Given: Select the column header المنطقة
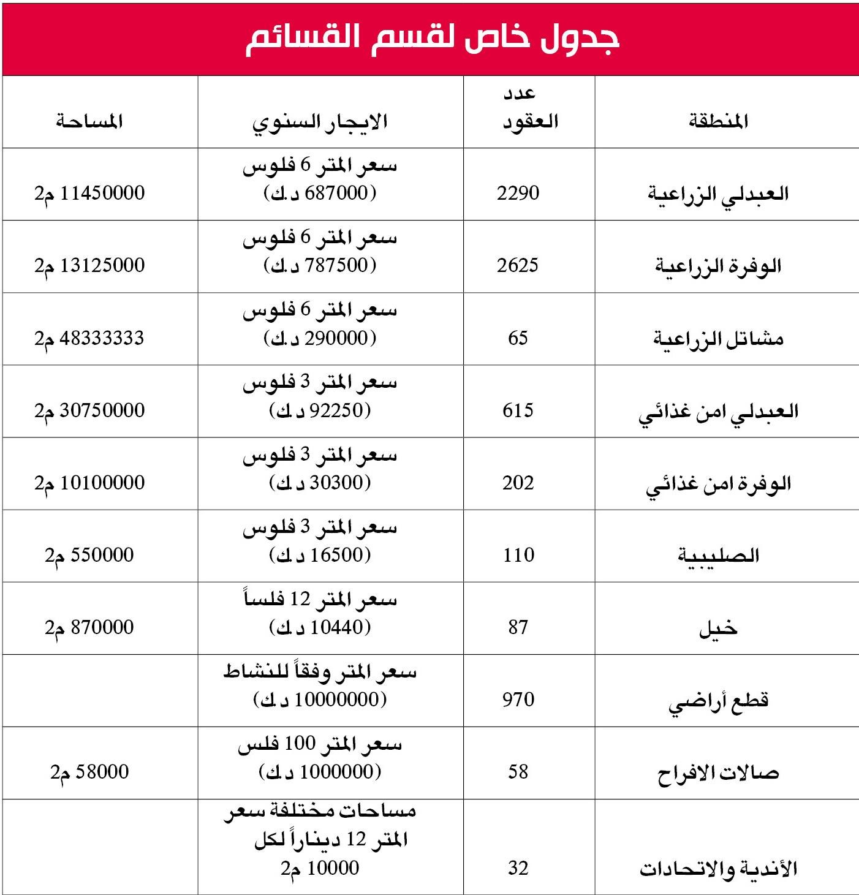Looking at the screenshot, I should (718, 121).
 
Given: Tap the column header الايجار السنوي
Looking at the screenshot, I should (320, 121).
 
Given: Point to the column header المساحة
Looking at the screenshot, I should (89, 121).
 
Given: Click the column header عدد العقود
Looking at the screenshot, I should (530, 109).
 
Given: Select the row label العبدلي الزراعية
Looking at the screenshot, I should (718, 194).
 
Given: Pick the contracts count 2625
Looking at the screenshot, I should (518, 265).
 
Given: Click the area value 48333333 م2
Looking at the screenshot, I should (89, 338).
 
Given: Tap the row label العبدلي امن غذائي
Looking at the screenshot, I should (718, 411).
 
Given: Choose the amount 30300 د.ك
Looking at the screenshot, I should (320, 483).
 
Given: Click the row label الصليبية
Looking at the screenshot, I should (718, 556).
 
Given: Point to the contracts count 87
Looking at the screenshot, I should (518, 627).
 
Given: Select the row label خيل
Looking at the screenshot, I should (718, 629).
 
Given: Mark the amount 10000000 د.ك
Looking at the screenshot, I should (320, 700).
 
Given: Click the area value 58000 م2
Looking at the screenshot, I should (89, 772).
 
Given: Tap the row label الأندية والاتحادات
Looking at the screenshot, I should (718, 869).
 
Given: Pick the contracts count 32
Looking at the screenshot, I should (518, 868).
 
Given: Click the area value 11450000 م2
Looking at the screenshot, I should (89, 193).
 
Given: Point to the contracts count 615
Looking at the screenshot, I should (518, 410).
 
